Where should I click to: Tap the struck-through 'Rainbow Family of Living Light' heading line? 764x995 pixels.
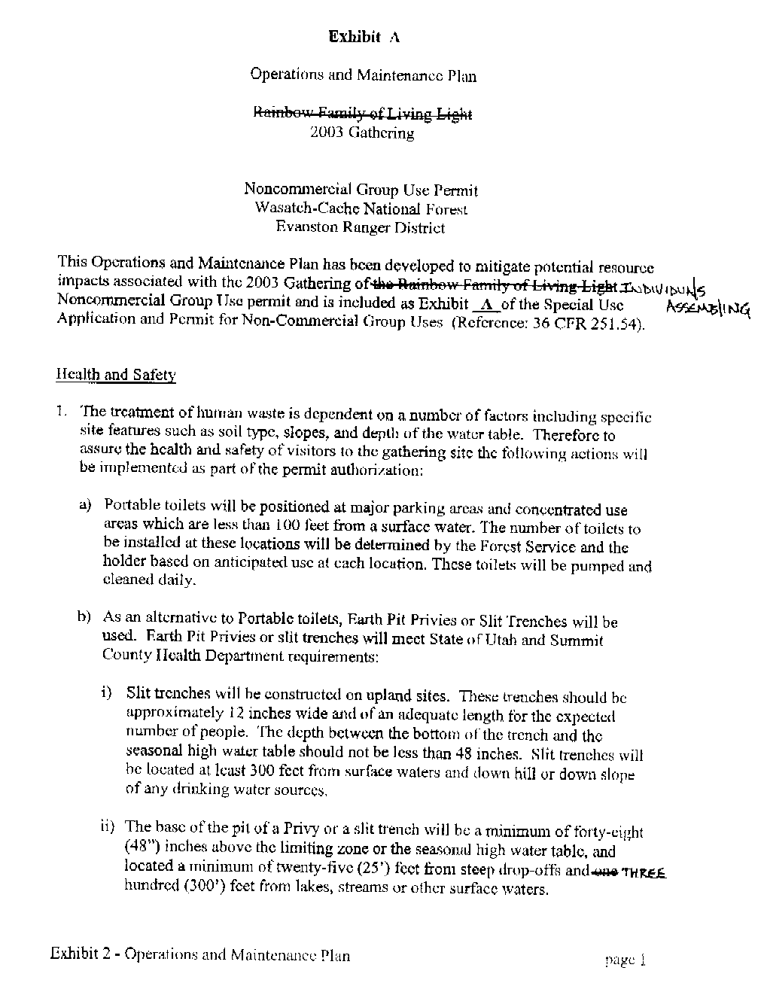(x=363, y=114)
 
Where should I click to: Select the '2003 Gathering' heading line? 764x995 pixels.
(x=362, y=133)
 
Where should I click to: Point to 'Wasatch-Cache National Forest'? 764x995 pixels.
(x=361, y=208)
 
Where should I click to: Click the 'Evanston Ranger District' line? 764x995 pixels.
(x=360, y=227)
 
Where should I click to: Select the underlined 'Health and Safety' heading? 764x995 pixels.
(x=116, y=375)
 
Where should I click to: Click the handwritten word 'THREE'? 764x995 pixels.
(x=644, y=869)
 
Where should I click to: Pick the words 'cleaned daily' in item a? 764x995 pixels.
(x=149, y=580)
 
